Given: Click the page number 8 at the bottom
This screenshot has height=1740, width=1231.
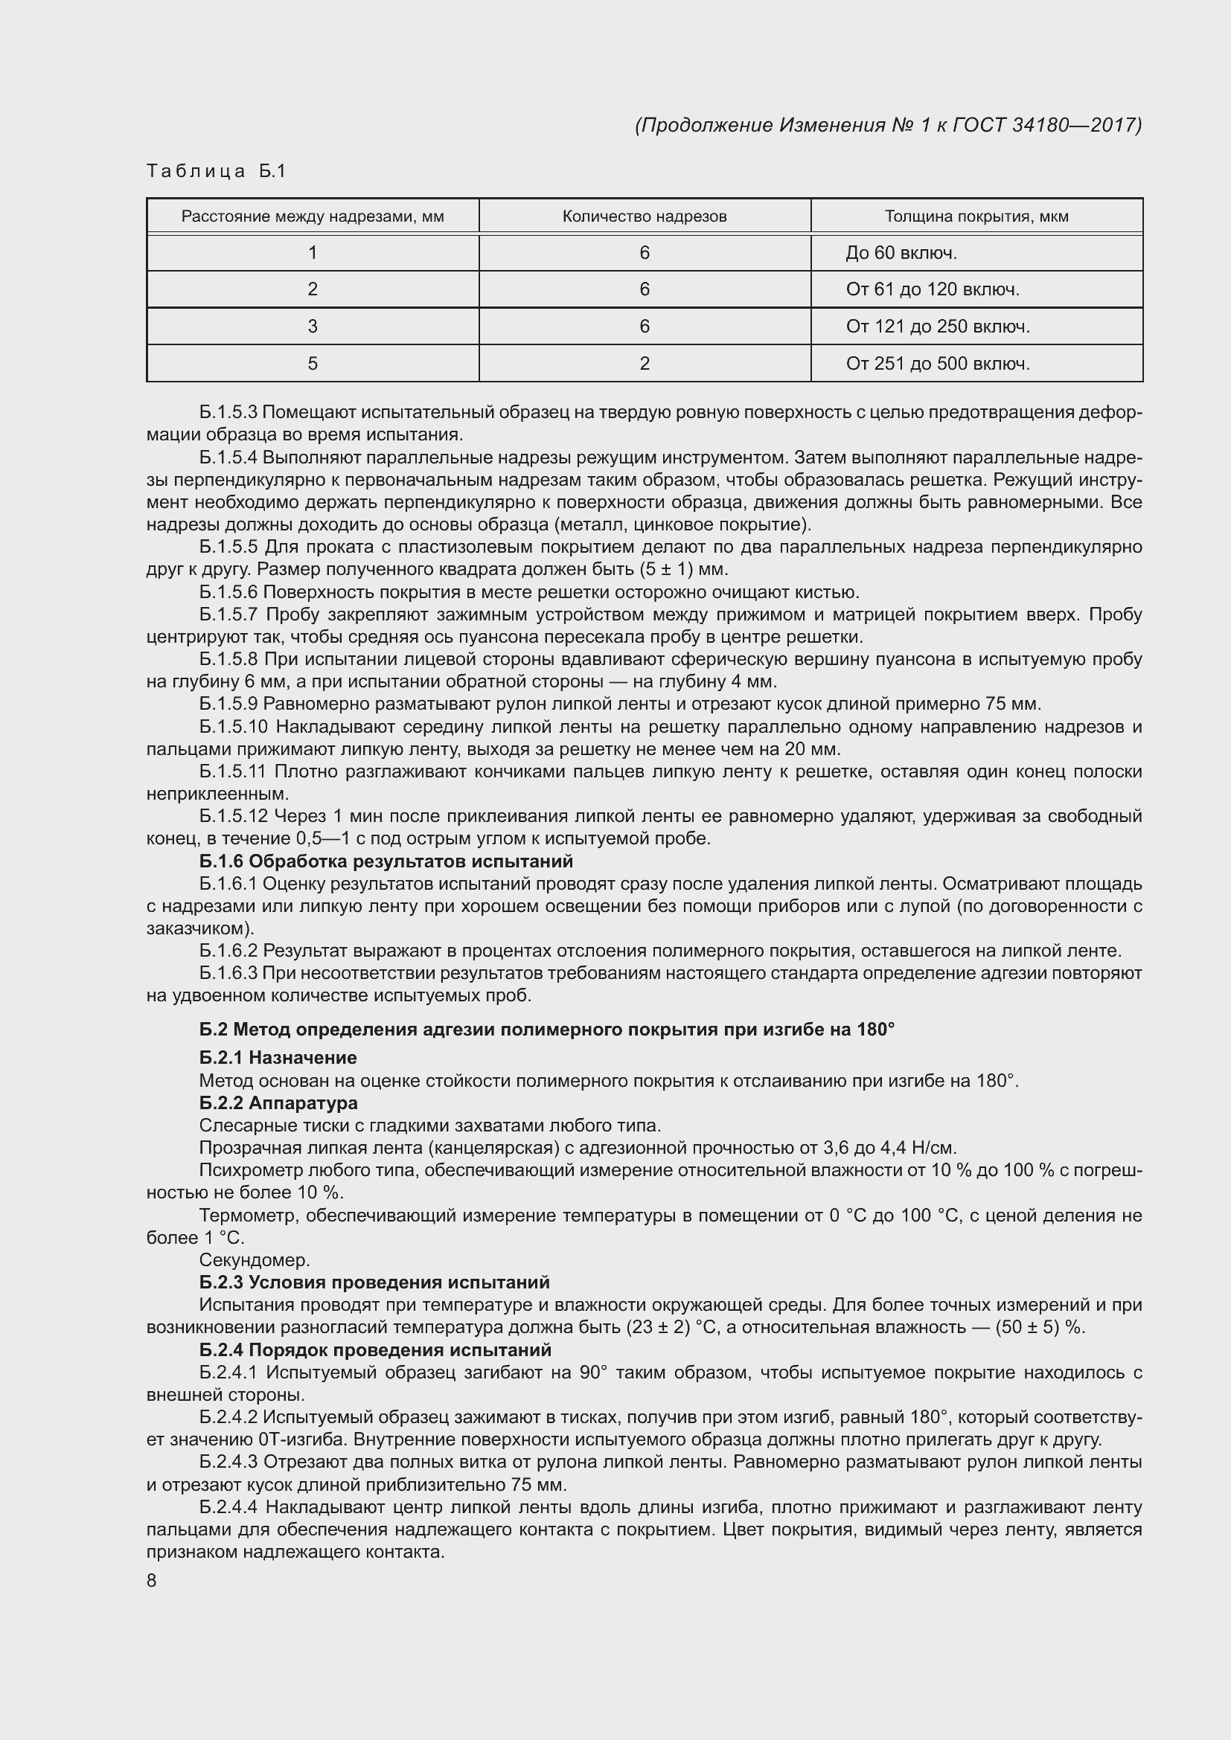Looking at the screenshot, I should pos(152,1580).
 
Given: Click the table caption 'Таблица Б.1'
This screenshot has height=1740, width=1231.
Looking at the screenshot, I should pos(216,171).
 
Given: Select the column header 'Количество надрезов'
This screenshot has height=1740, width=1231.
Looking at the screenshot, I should pos(645,216).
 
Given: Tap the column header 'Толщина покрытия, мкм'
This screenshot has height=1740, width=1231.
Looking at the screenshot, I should pos(976,216).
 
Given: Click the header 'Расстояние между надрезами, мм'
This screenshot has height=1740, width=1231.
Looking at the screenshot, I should pos(313,216).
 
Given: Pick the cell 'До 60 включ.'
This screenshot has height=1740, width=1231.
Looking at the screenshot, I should pos(901,253).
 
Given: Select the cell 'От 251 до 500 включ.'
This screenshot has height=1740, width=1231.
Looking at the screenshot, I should pos(938,364).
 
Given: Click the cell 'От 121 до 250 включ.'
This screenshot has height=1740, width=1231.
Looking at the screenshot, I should pos(938,327).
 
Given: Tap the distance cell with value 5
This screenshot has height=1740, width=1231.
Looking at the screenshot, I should pos(313,364).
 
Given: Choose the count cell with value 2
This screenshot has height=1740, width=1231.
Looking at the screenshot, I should pos(645,364).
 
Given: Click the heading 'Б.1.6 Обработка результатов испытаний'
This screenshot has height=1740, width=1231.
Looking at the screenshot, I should pos(386,861).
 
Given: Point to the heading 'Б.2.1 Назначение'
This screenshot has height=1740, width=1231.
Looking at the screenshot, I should pos(278,1057).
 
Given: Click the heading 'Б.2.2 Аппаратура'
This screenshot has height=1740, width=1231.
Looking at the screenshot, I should pos(278,1102).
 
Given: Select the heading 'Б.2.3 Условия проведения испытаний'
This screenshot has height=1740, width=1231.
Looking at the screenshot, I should pos(374,1282).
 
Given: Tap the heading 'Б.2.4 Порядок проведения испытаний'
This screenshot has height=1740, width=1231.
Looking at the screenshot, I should pos(375,1349).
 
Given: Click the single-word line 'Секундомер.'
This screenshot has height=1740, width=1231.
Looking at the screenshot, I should pos(255,1259).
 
